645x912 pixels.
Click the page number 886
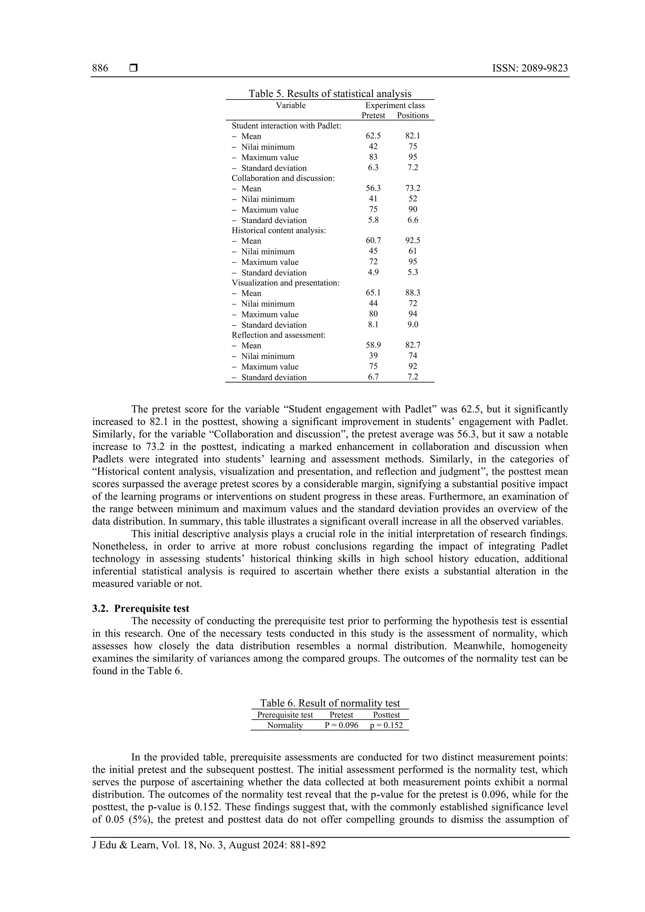pos(100,68)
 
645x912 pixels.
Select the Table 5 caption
pos(330,94)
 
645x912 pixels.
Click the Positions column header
pos(413,116)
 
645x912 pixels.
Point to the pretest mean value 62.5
pos(373,136)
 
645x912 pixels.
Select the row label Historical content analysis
pos(279,230)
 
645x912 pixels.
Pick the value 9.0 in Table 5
pos(413,325)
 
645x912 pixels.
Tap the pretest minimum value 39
pos(373,356)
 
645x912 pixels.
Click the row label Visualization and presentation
pos(285,283)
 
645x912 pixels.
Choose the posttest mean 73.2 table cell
pos(413,188)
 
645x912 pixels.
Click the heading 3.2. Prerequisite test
pos(141,609)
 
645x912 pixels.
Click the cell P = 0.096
pos(341,725)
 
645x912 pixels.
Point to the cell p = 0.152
pos(386,725)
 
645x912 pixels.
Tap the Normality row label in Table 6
pos(285,725)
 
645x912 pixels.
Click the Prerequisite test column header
pos(285,715)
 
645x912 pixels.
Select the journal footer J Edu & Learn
pos(209,845)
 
